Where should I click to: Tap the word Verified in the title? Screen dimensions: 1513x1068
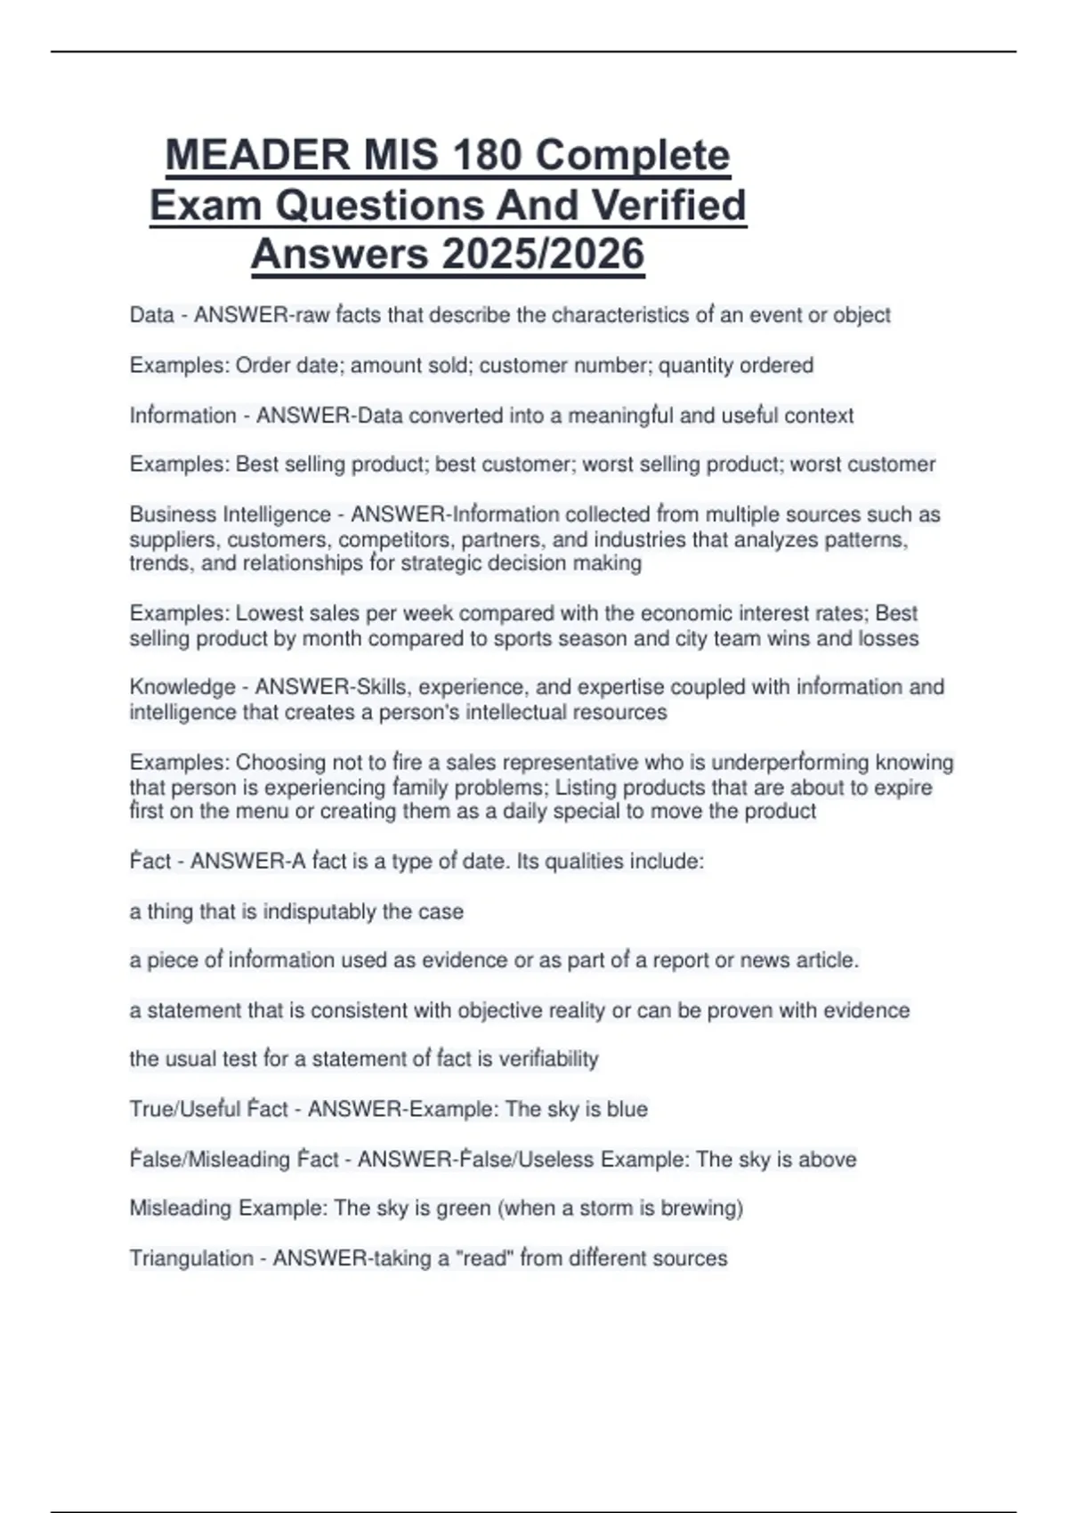tap(668, 206)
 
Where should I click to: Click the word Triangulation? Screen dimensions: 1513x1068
tap(191, 1258)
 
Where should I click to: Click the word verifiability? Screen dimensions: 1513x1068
tap(548, 1059)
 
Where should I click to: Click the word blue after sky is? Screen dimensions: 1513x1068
tap(627, 1110)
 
